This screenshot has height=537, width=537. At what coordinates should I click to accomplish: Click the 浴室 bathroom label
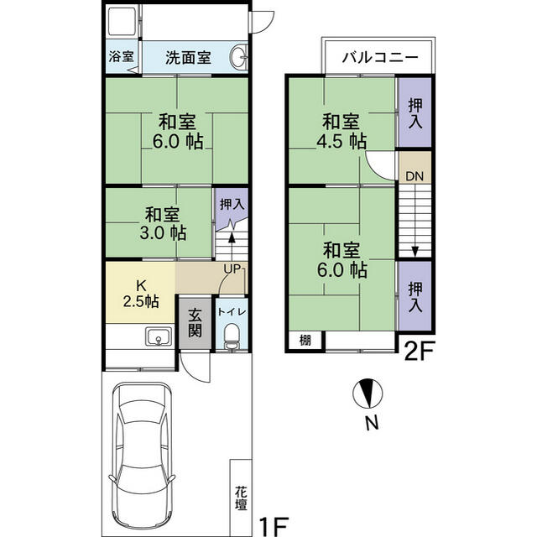coord(121,58)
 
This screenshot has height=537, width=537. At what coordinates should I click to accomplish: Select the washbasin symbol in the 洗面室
coord(237,59)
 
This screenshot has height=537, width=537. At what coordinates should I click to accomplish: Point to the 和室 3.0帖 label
coord(163,223)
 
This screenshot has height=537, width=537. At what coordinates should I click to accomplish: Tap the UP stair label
coord(232,268)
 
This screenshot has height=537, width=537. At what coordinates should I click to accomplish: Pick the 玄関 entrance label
coord(195,322)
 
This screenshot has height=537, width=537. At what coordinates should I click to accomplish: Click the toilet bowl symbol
coord(232,337)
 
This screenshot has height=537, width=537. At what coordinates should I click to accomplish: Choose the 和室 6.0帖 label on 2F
coord(343,259)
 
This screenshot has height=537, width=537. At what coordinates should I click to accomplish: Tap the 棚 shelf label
coord(305,340)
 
